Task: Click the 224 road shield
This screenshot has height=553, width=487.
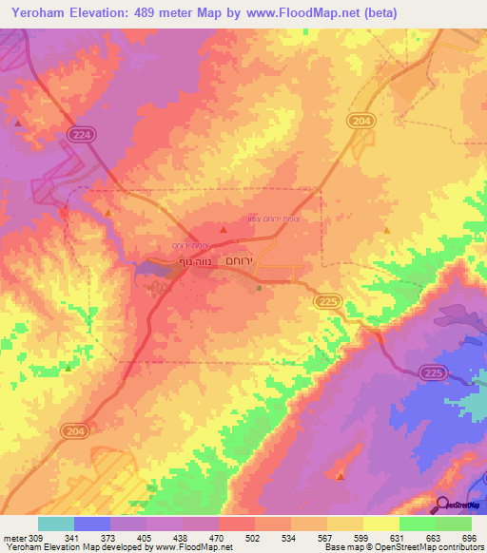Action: pyautogui.click(x=81, y=136)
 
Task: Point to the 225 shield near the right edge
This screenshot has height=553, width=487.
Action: pyautogui.click(x=433, y=372)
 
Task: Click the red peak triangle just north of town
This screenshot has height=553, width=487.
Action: pyautogui.click(x=224, y=229)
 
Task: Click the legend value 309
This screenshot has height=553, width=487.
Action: pyautogui.click(x=33, y=538)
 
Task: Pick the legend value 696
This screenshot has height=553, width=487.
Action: pyautogui.click(x=468, y=538)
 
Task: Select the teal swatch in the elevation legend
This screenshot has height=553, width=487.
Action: pyautogui.click(x=56, y=524)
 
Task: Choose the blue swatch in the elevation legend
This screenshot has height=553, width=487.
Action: pyautogui.click(x=92, y=524)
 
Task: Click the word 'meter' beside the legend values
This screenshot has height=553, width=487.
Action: pyautogui.click(x=13, y=538)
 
